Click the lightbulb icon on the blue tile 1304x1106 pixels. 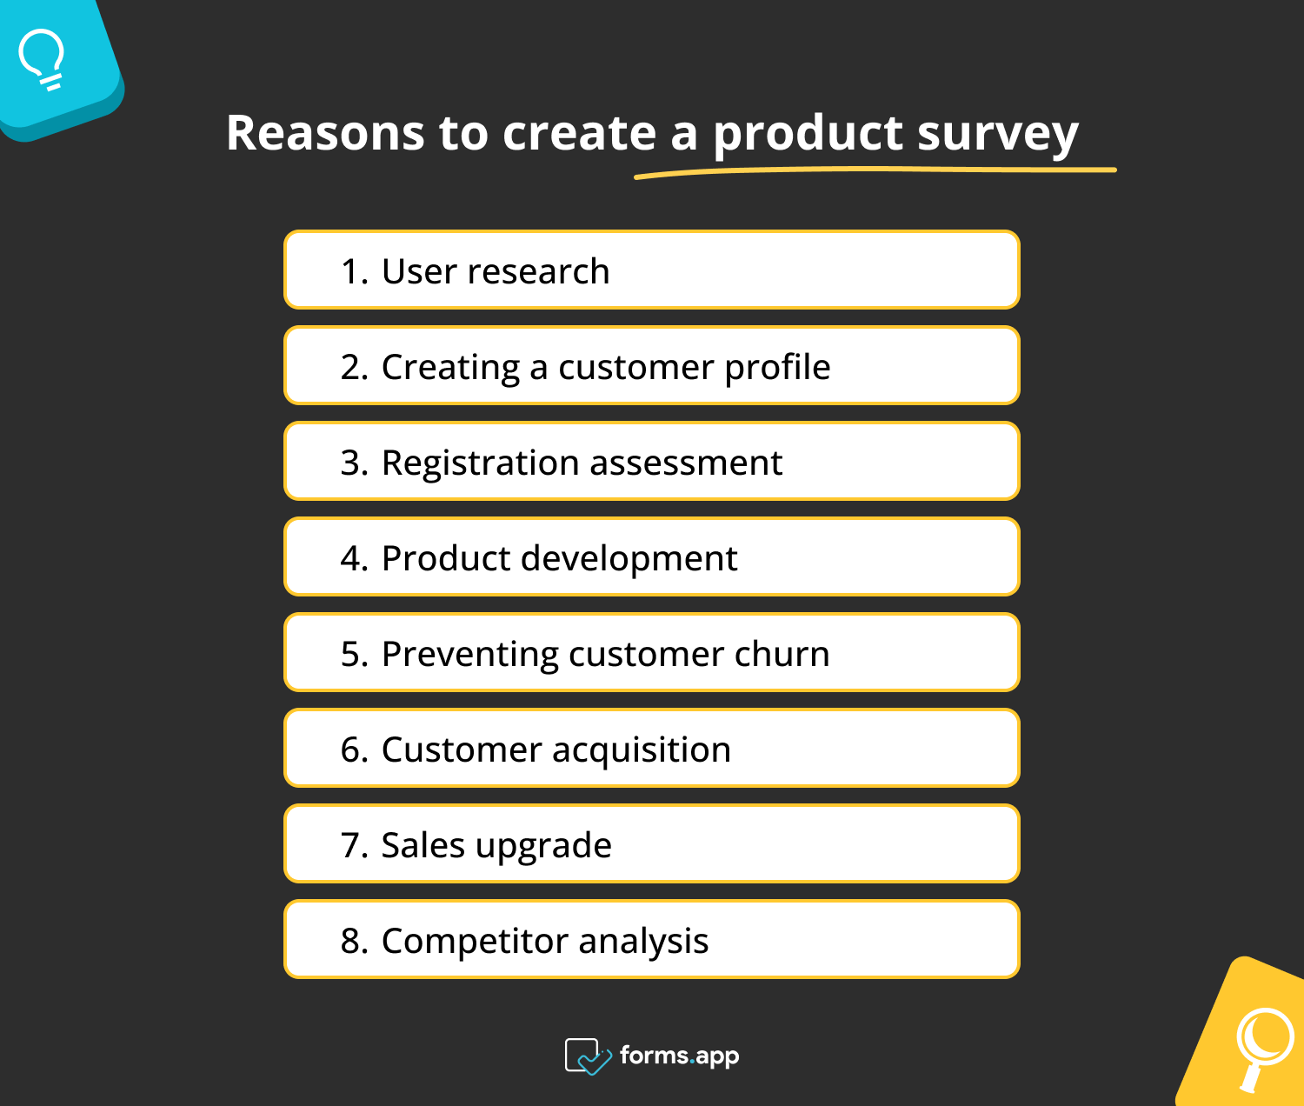click(x=42, y=59)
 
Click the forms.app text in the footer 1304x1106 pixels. click(x=679, y=1056)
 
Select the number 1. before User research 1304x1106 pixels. click(x=355, y=271)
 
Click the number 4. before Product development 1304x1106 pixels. click(x=355, y=558)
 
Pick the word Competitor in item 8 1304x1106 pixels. click(x=474, y=942)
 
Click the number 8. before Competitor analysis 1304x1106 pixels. click(x=355, y=941)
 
